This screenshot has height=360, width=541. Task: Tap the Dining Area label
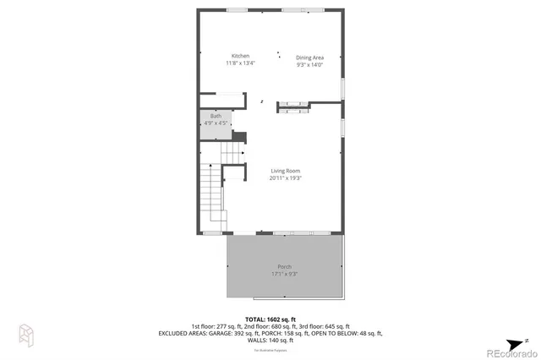[309, 57]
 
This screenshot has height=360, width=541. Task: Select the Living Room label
[286, 171]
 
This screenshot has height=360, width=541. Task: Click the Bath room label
[216, 117]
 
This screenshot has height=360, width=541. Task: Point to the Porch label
[285, 267]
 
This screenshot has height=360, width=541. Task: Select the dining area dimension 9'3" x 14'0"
[309, 65]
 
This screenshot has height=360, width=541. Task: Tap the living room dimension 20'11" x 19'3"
[286, 178]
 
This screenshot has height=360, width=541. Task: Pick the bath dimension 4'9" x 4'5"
[216, 123]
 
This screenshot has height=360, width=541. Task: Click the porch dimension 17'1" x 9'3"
[285, 274]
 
